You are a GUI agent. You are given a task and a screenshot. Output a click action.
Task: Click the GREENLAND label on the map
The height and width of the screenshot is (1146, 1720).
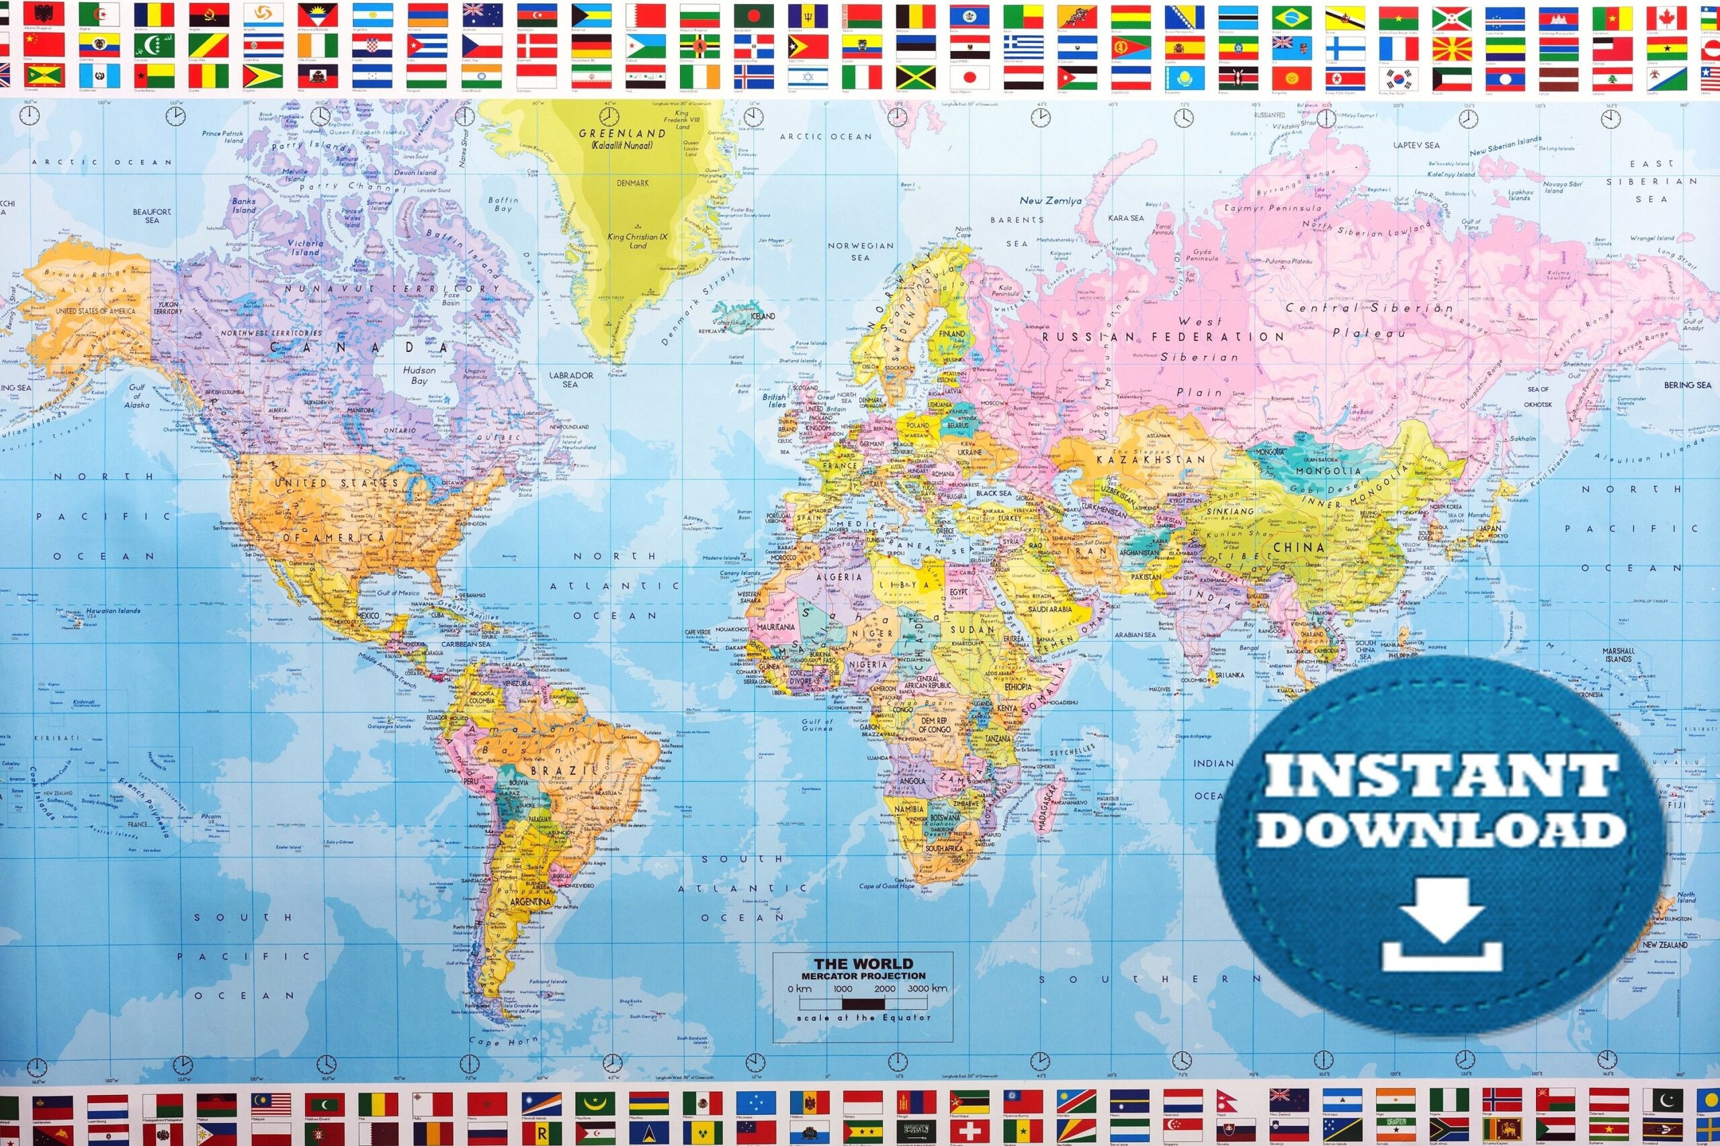[621, 134]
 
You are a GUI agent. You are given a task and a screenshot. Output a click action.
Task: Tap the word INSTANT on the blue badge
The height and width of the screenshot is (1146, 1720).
[1440, 775]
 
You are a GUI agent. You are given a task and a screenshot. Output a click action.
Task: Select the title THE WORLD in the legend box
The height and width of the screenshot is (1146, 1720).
[863, 963]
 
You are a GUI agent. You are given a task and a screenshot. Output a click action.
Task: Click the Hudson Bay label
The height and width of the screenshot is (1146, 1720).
[419, 375]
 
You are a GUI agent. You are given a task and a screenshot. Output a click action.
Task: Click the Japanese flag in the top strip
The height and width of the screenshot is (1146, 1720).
[970, 77]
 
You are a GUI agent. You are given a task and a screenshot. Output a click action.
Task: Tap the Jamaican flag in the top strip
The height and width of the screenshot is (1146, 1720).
[916, 77]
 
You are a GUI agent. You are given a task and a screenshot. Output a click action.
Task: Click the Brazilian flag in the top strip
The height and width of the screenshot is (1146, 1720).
[1290, 15]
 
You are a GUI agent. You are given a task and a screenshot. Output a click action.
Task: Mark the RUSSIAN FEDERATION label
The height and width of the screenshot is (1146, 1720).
[1162, 337]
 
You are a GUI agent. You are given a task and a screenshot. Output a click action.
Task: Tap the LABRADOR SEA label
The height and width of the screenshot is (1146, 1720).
[570, 379]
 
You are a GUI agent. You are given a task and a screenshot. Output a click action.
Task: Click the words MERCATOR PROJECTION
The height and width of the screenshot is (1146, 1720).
[863, 975]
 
